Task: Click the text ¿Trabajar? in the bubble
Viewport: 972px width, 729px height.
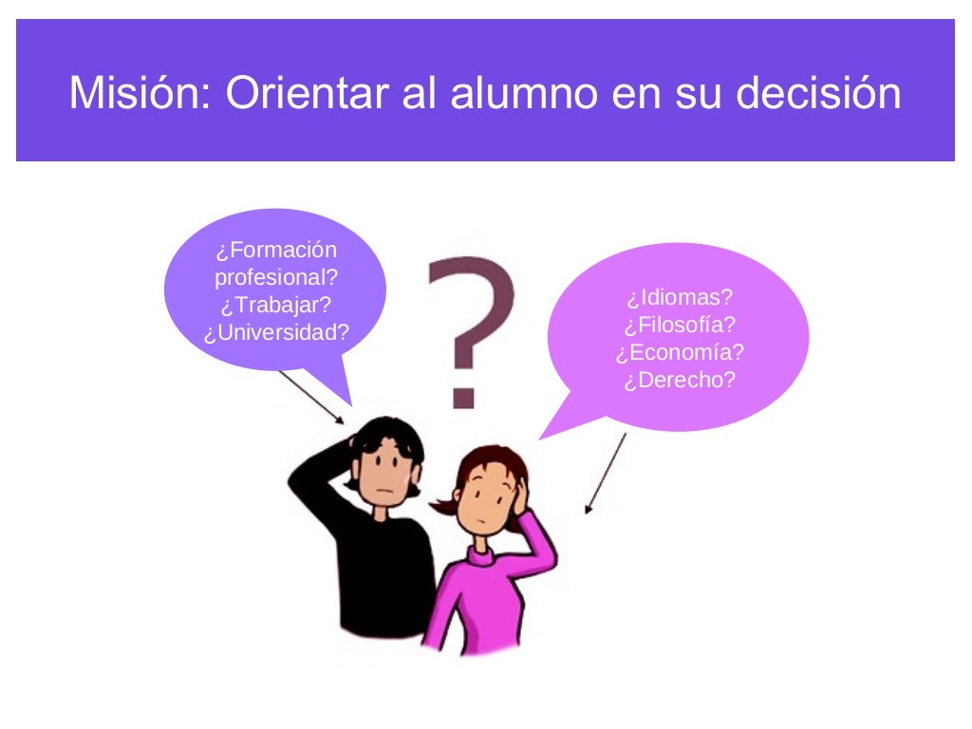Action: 275,306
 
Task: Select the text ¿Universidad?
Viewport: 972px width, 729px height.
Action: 275,333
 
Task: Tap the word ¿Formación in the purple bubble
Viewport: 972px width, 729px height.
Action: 275,251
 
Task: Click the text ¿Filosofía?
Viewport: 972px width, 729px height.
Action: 680,325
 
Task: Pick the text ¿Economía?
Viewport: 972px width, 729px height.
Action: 680,352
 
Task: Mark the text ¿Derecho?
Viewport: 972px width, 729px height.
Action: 680,380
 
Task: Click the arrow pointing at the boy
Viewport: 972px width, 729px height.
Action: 312,397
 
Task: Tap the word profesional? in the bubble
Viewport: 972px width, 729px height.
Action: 275,278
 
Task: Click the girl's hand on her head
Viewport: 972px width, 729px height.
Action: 520,495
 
